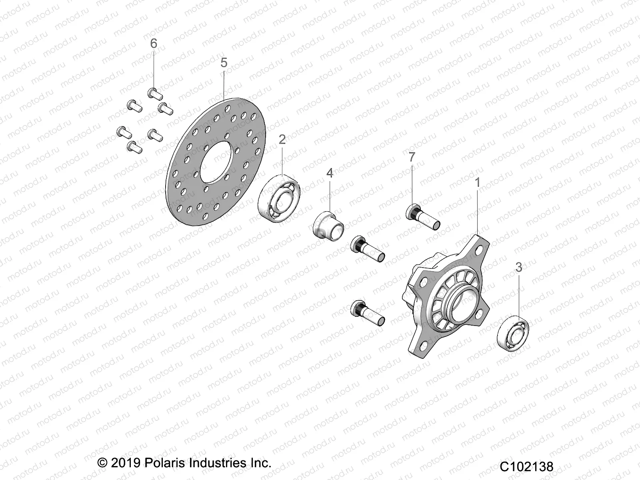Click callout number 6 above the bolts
(x=154, y=43)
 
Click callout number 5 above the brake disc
(x=224, y=63)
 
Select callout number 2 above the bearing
(x=282, y=140)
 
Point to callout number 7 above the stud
(x=412, y=157)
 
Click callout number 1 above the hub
(x=477, y=182)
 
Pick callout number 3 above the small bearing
(x=519, y=267)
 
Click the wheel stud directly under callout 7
(x=423, y=217)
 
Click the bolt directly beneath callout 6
(x=156, y=94)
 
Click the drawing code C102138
(x=526, y=466)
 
